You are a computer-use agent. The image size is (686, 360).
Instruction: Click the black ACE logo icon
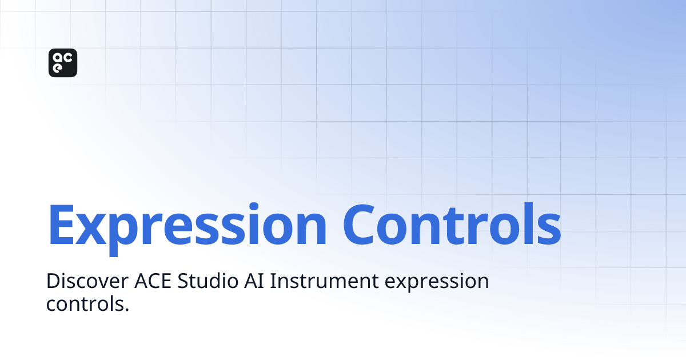tap(63, 63)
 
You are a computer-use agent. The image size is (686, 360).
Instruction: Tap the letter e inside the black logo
tap(57, 70)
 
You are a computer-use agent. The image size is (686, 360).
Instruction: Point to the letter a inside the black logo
tap(57, 57)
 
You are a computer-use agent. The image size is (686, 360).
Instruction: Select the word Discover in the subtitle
tap(86, 282)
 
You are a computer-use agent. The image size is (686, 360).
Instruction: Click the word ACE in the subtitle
tap(153, 282)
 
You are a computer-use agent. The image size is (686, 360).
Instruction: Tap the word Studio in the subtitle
tap(206, 282)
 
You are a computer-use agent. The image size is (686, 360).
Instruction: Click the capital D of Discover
tap(53, 282)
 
